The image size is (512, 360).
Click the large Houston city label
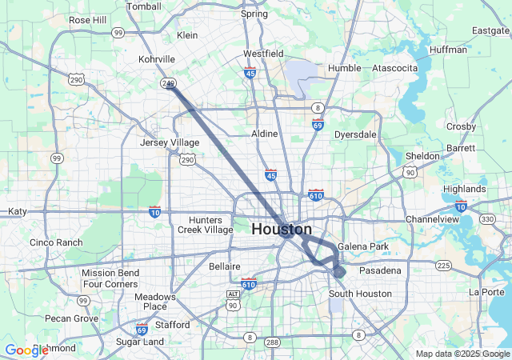point(282,230)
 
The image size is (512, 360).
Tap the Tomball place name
point(144,6)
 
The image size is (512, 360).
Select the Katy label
point(17,211)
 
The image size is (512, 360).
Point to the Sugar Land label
point(140,342)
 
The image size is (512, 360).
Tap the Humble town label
point(344,68)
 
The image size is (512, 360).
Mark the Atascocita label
point(394,68)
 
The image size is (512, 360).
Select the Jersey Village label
point(170,142)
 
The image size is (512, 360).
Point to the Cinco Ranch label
point(55,242)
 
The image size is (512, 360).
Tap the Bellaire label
point(224,266)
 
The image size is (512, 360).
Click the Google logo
point(26,350)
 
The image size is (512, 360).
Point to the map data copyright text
point(462,354)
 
